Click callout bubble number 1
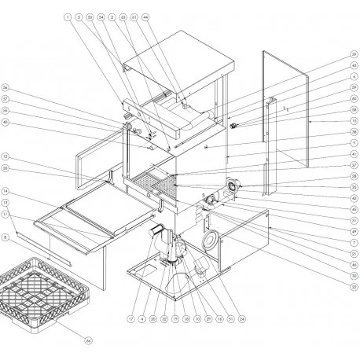coord(68,17)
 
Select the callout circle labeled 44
coord(145,17)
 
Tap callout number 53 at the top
coord(90,17)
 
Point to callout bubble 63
coord(123,17)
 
